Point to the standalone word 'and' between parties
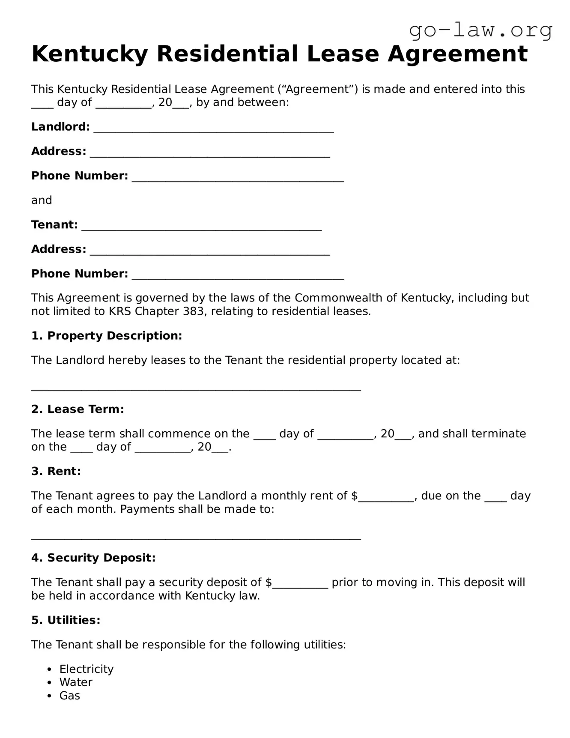[x=42, y=200]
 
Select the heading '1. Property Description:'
[x=107, y=336]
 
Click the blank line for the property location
[x=196, y=388]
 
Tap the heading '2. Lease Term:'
[x=78, y=409]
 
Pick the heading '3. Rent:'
[x=56, y=471]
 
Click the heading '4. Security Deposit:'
[x=93, y=558]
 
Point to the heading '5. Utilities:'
[x=66, y=620]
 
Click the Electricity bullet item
[x=87, y=669]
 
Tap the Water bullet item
[x=76, y=682]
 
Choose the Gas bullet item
[x=70, y=696]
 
